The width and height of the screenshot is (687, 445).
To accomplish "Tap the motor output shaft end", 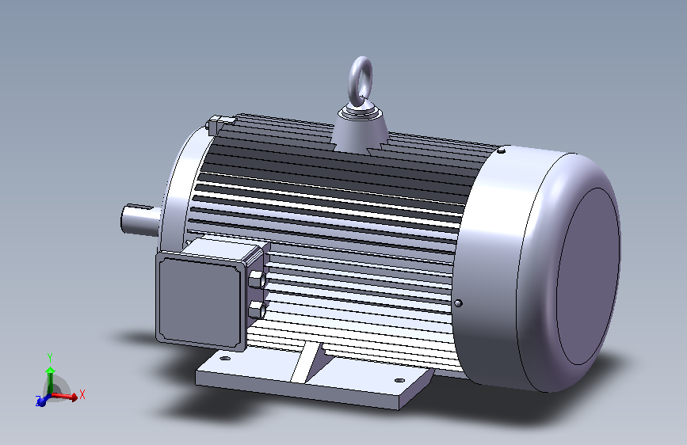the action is click(140, 220).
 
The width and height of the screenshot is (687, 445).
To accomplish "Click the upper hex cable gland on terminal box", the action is click(257, 280).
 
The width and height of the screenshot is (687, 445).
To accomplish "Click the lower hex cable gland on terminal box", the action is click(258, 310).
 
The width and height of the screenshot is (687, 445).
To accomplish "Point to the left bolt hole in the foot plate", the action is click(224, 358).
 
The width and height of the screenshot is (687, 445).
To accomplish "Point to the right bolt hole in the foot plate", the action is click(399, 381).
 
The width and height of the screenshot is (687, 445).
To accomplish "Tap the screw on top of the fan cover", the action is click(502, 151).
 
